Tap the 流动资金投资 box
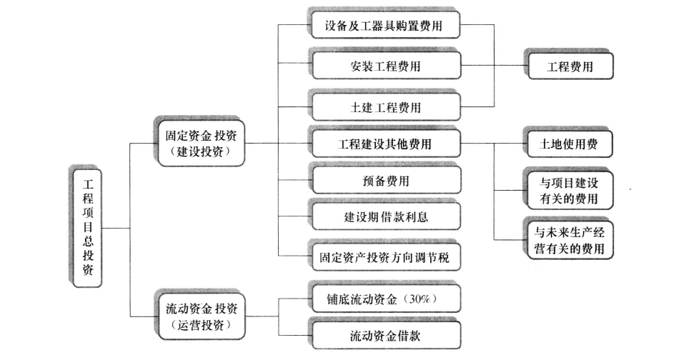(200, 316)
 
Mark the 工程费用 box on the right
(570, 66)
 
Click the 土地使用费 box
(570, 144)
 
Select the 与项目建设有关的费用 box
(570, 189)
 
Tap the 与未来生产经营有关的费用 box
(570, 239)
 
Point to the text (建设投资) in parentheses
(200, 153)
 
